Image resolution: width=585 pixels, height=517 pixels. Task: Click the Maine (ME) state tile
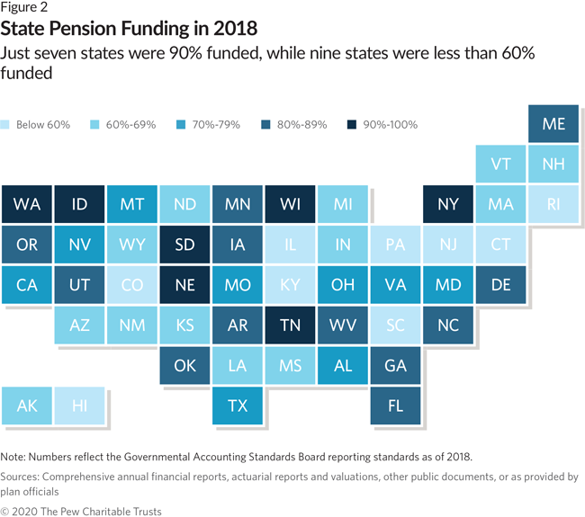click(x=553, y=123)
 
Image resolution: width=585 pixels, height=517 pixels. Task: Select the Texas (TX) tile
click(x=238, y=406)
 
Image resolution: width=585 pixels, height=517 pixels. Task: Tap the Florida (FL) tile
click(x=395, y=406)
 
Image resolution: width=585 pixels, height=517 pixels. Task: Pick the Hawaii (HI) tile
click(x=79, y=406)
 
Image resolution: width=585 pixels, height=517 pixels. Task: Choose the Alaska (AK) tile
click(x=27, y=406)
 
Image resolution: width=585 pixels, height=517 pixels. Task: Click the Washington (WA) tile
click(x=27, y=204)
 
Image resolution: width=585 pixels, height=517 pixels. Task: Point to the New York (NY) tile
click(x=448, y=204)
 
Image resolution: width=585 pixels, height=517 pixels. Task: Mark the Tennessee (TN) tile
click(x=290, y=325)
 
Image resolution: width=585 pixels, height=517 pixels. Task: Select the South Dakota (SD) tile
click(x=184, y=245)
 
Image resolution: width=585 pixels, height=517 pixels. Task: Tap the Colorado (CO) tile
click(x=132, y=285)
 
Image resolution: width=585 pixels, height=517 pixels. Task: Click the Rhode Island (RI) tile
click(x=553, y=204)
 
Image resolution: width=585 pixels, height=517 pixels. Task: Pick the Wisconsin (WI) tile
click(x=290, y=204)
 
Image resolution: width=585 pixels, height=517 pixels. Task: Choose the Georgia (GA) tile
click(x=395, y=365)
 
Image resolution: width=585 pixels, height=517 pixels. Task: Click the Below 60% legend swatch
click(x=7, y=124)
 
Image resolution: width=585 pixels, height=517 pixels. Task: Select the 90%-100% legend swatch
click(x=351, y=124)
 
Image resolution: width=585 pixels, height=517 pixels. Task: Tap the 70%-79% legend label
click(x=215, y=124)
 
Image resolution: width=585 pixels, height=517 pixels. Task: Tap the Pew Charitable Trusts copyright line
click(x=81, y=510)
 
